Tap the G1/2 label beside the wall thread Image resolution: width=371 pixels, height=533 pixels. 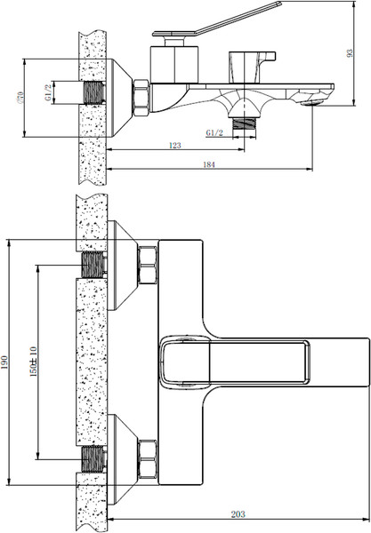[51, 92]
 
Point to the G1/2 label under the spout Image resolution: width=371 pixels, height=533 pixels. [214, 132]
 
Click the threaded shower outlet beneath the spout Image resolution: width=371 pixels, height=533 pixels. [242, 124]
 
